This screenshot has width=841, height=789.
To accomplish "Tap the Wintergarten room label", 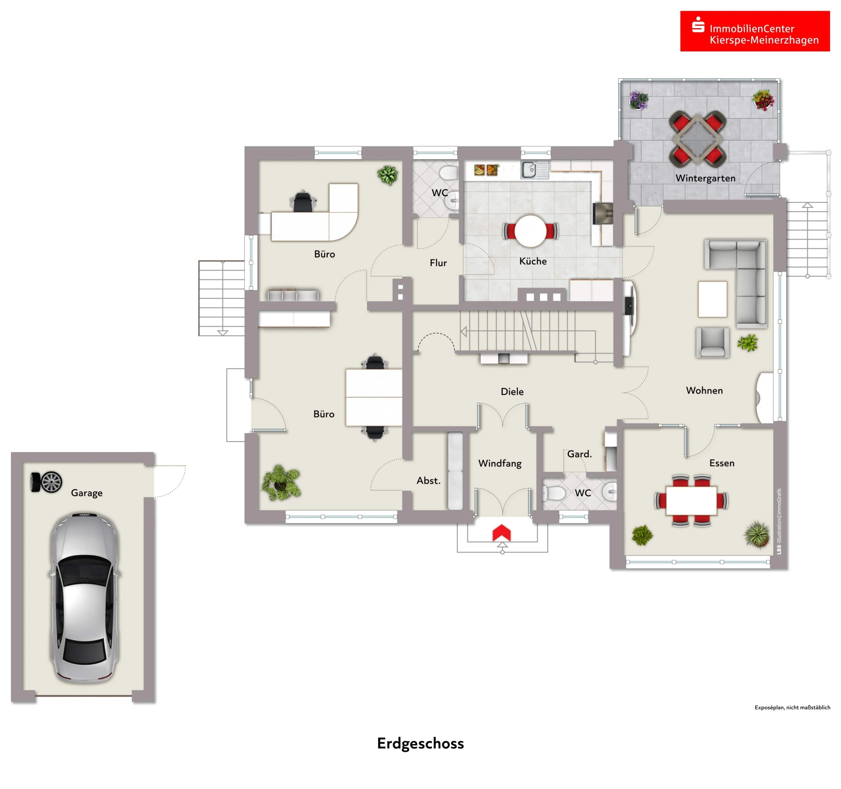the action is [705, 178].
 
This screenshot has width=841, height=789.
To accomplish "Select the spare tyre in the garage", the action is [47, 482].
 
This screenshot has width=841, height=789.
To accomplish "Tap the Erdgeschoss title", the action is [420, 743].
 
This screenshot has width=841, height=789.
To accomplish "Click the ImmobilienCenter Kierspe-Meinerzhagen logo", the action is [755, 31].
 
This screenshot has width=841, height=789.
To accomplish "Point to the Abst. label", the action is [429, 480].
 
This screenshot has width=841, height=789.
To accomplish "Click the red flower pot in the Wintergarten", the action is [763, 100].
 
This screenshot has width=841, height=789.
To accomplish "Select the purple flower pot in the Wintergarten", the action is [638, 100].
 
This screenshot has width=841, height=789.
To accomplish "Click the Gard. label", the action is [579, 454].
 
